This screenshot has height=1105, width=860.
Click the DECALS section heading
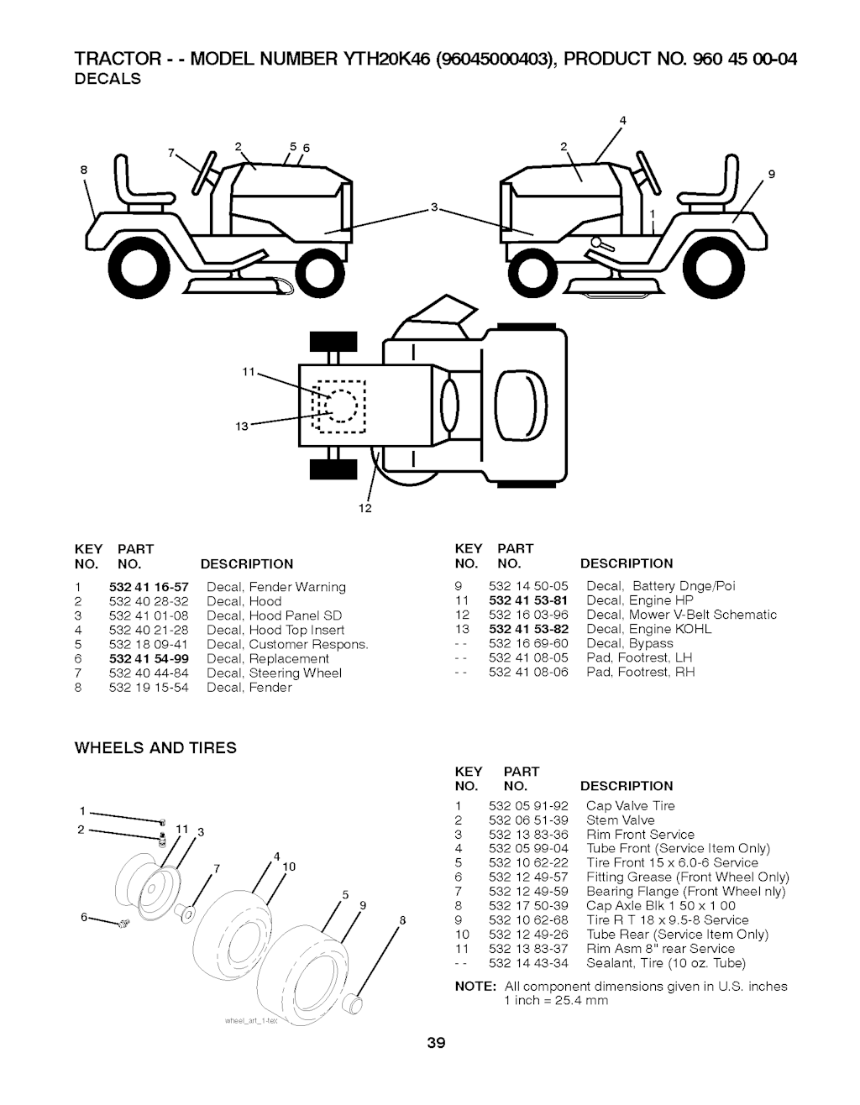(108, 79)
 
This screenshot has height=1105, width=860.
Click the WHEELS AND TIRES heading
(156, 748)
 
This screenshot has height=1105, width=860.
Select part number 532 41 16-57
(149, 587)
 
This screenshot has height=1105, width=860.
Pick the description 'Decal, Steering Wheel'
(274, 673)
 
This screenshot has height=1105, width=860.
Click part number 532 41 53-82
(528, 629)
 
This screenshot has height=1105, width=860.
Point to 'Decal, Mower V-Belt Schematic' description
(681, 615)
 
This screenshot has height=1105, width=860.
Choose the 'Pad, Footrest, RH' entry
(641, 672)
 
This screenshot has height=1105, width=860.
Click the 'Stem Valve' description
(620, 820)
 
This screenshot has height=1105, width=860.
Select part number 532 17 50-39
(528, 906)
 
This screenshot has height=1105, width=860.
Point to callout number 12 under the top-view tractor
(365, 509)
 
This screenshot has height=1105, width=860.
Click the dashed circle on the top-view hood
(340, 406)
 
